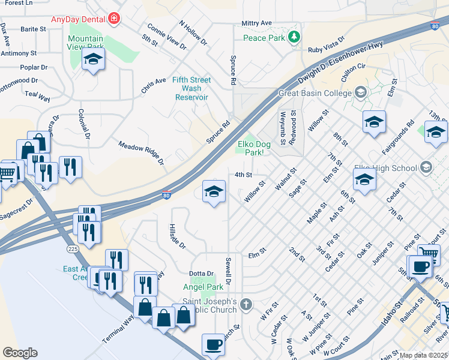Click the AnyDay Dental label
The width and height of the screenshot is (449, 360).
tap(78, 19)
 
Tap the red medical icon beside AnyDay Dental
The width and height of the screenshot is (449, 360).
tap(113, 19)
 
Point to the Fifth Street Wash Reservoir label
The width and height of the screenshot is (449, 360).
tap(191, 88)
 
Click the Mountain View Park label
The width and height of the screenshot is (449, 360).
tap(85, 43)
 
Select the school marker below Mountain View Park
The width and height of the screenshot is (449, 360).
tap(93, 59)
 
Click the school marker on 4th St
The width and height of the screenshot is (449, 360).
tap(214, 191)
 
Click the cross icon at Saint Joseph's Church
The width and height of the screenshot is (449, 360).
tap(246, 305)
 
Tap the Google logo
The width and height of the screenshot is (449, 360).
tap(20, 352)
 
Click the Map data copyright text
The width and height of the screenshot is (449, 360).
tap(423, 355)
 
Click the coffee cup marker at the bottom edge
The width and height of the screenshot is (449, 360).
tap(213, 345)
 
